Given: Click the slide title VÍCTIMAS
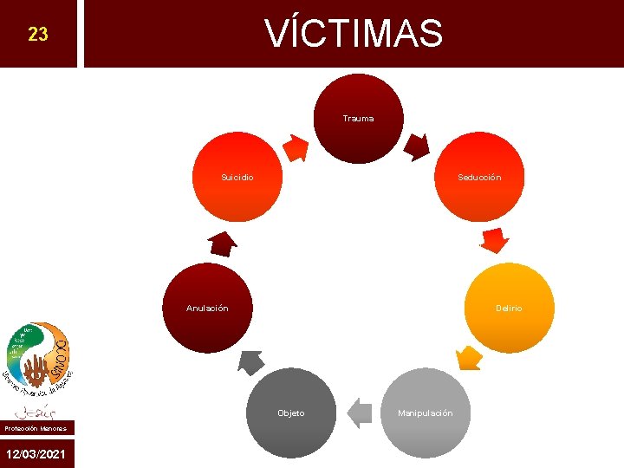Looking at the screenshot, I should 354,34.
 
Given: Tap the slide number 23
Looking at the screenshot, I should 37,35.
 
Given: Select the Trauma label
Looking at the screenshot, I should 358,118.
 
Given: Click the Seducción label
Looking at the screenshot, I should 479,177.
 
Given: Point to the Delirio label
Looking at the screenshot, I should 509,308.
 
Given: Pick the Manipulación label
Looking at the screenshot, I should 425,413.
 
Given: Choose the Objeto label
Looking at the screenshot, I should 290,413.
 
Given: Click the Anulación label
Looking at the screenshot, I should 207,308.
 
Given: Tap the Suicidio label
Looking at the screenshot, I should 237,177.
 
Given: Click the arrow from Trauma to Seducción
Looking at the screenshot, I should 418,146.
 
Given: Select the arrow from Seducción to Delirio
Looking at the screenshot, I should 495,239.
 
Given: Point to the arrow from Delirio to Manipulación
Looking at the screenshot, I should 468,357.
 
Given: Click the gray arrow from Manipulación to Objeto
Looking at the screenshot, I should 359,413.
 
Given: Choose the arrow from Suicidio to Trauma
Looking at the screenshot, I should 297,147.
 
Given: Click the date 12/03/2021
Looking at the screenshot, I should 37,454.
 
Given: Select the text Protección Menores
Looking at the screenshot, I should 36,427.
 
